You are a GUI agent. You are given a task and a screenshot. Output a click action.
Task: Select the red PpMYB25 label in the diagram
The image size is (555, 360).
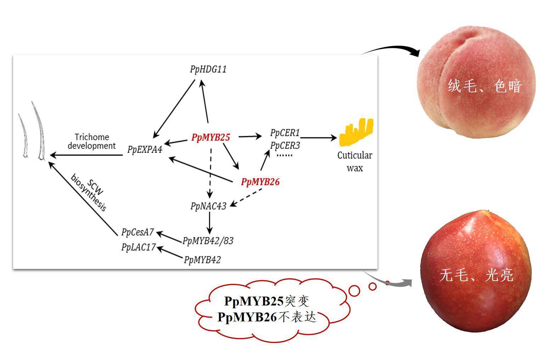211,137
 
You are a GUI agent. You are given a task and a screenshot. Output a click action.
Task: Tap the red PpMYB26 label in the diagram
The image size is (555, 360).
260,182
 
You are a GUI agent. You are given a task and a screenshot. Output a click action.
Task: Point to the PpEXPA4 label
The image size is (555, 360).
145,150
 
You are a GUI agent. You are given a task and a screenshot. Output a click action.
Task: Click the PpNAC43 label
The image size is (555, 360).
208,206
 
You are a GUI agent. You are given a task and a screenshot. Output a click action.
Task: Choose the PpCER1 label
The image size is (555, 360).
285,133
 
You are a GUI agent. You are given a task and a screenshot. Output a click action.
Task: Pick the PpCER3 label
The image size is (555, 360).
285,145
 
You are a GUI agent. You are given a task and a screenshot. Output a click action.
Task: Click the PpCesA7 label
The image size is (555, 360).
137,232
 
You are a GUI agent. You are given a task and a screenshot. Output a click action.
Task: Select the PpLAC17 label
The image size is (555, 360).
138,247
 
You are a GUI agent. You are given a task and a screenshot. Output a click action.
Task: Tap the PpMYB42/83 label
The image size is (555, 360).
208,241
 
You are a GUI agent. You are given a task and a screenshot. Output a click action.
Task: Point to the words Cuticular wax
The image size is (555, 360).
354,161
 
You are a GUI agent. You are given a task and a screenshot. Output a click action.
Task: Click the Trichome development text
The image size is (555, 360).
92,141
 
